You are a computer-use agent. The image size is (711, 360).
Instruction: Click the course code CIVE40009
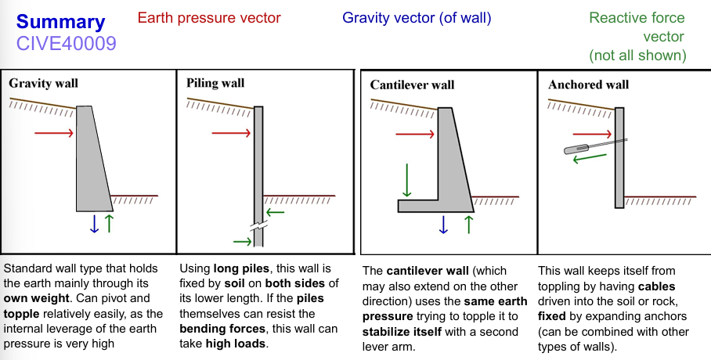click(66, 44)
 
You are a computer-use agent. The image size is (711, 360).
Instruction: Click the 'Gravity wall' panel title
click(43, 82)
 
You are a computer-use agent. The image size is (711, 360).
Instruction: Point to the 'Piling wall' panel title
click(215, 82)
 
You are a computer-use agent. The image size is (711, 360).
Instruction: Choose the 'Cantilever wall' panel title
click(412, 85)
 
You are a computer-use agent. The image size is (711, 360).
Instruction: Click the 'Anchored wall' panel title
click(588, 85)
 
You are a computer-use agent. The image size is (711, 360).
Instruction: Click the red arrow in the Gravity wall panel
click(54, 134)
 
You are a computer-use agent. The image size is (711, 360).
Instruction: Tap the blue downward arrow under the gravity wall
click(95, 224)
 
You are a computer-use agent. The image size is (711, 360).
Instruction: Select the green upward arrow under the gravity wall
click(109, 224)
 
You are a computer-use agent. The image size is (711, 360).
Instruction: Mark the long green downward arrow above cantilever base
click(406, 179)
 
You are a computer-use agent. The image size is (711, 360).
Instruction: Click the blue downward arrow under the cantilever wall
click(443, 225)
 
